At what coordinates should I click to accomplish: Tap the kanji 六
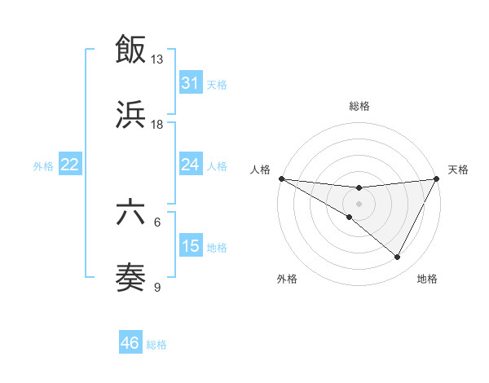(x=130, y=214)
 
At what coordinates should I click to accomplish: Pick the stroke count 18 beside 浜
(x=157, y=125)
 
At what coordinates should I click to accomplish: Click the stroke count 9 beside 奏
(x=157, y=287)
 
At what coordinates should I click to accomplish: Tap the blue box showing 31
(x=190, y=82)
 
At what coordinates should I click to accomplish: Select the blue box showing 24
(x=190, y=165)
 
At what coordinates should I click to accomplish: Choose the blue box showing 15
(x=190, y=245)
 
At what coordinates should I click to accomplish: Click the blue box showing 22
(x=69, y=165)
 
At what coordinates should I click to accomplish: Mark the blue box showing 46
(x=130, y=343)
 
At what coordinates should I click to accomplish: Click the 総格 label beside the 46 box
(x=156, y=345)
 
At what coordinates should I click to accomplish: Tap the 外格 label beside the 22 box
(x=43, y=166)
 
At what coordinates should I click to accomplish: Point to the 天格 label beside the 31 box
(x=217, y=84)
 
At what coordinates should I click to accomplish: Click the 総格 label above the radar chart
(x=359, y=106)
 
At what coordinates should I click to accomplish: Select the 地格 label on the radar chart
(x=427, y=279)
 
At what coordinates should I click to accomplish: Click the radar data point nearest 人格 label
(x=281, y=178)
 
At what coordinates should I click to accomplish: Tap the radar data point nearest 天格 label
(x=437, y=178)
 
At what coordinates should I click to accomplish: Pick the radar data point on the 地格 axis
(x=398, y=257)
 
